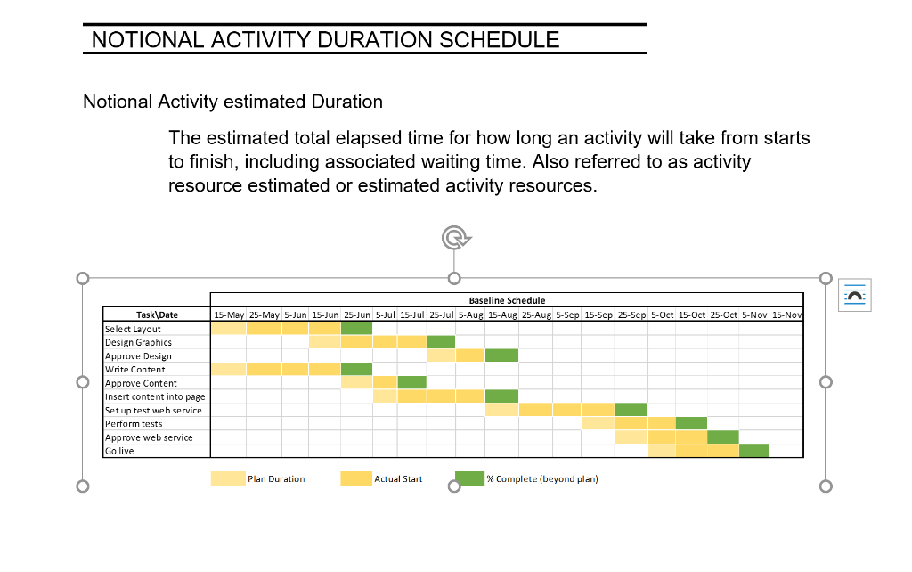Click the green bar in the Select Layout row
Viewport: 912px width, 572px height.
(x=356, y=329)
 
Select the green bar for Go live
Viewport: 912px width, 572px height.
(x=753, y=451)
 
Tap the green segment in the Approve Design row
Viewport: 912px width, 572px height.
(x=501, y=355)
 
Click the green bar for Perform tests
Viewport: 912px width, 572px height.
(x=691, y=423)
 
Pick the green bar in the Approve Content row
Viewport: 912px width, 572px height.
(x=411, y=383)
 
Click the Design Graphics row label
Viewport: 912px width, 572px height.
(x=138, y=342)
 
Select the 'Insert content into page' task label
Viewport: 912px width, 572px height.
(x=155, y=396)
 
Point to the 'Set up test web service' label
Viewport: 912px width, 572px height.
(x=153, y=410)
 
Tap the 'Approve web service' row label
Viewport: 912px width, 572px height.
(x=149, y=437)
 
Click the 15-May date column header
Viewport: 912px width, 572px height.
(x=229, y=315)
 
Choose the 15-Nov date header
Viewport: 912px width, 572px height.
(x=787, y=315)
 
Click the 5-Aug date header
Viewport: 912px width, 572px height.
(x=470, y=315)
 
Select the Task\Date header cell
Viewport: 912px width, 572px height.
(x=157, y=315)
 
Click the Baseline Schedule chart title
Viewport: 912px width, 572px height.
(x=507, y=300)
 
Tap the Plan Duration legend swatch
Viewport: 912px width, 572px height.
(x=228, y=478)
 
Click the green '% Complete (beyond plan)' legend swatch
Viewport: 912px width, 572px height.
(x=469, y=478)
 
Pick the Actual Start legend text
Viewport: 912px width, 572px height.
(x=398, y=479)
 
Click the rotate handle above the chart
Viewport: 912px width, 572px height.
(x=454, y=238)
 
